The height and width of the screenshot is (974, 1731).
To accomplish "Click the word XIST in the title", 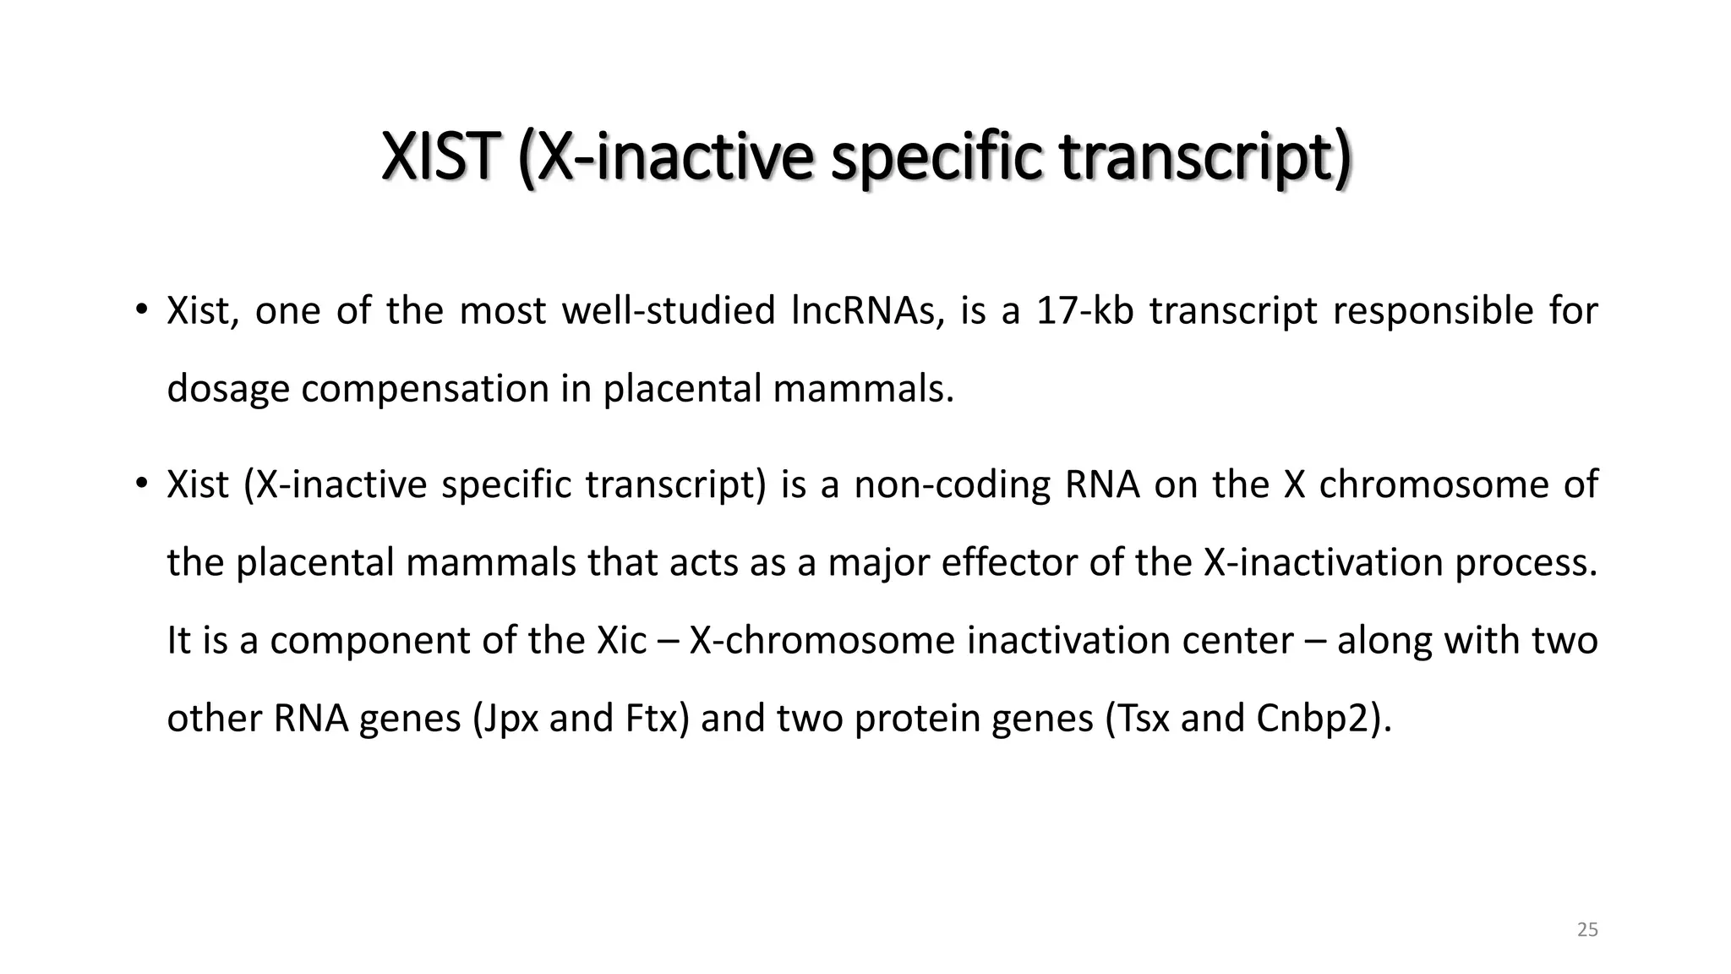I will [x=436, y=158].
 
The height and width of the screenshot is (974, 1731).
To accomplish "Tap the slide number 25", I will [x=1587, y=930].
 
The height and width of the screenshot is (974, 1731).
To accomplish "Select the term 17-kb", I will [x=1084, y=311].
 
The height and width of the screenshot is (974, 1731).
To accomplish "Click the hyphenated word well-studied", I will [x=669, y=311].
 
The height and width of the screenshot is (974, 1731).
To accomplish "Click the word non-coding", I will [x=952, y=484].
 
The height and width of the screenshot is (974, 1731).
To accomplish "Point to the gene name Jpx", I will [x=506, y=719].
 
